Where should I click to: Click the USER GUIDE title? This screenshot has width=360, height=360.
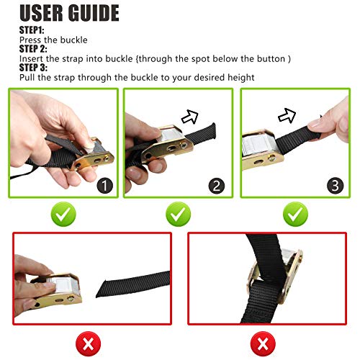click(69, 13)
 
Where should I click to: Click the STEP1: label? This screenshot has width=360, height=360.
click(32, 30)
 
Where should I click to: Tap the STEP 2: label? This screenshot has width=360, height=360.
click(33, 49)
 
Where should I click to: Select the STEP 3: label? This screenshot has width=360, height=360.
click(33, 68)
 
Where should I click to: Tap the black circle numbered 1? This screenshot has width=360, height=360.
click(105, 186)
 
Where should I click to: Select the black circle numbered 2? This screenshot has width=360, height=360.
click(217, 186)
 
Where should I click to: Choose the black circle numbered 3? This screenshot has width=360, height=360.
click(335, 186)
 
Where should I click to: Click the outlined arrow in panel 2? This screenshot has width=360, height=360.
click(190, 117)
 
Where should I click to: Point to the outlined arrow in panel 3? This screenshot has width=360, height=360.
click(287, 115)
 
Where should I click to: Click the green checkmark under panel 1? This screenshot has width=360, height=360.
click(63, 214)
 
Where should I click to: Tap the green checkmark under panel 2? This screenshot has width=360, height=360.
click(178, 214)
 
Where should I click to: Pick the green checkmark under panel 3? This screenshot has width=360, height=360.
click(295, 214)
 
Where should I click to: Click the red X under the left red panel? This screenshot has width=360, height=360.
click(88, 344)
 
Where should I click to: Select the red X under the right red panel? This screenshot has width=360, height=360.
click(263, 344)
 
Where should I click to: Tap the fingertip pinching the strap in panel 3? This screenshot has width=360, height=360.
click(315, 125)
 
